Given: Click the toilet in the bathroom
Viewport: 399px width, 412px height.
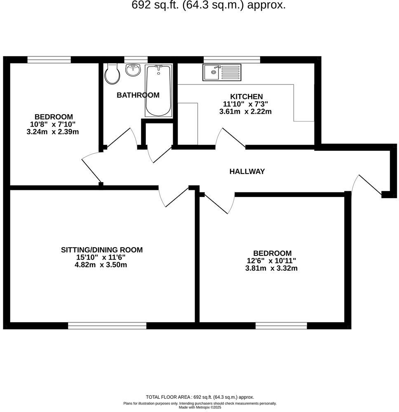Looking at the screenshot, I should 112,74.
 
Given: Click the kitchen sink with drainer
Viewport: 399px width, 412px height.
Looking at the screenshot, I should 221,73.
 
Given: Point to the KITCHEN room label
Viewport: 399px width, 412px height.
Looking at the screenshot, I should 246,96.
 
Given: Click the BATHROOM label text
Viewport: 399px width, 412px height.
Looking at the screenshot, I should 138,95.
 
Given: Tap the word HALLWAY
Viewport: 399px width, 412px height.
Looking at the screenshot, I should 247,171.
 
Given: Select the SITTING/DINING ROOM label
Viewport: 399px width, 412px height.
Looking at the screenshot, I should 102,250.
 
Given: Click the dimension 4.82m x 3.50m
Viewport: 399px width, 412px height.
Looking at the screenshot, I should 101,265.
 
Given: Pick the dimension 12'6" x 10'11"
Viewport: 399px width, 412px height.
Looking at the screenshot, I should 272,261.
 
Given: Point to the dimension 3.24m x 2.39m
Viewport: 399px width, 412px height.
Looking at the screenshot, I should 52,132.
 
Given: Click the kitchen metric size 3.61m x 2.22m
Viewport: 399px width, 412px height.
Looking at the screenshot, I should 246,111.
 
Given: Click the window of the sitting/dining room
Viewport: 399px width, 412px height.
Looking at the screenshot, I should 107,326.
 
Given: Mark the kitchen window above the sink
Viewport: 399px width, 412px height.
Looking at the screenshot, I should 232,60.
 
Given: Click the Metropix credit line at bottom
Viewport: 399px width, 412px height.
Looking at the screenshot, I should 200,407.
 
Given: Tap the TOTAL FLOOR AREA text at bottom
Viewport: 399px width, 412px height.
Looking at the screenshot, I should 200,397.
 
